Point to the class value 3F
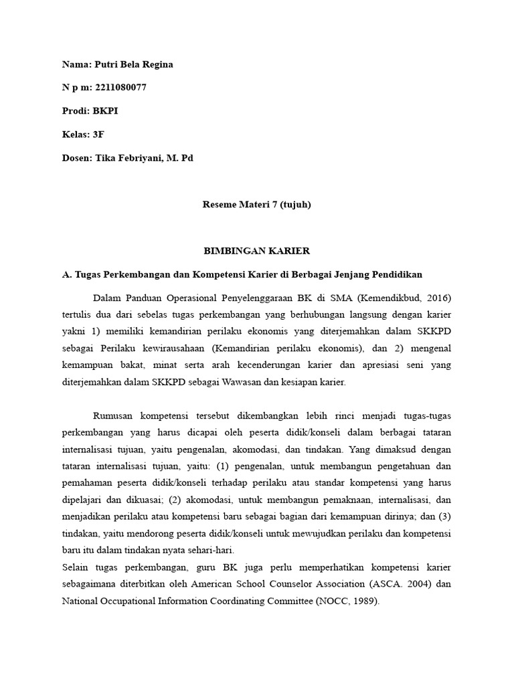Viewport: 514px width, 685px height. (98, 134)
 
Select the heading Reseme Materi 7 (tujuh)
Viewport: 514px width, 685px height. (256, 205)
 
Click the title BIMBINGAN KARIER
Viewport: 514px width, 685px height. (256, 251)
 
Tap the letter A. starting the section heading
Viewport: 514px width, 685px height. (66, 274)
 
